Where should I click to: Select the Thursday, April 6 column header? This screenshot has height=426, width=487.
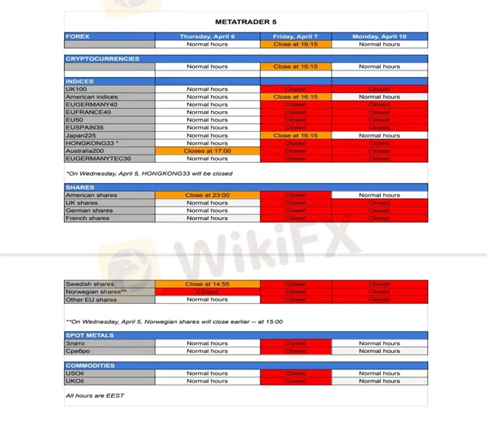[207, 36]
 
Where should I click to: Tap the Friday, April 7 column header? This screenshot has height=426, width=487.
[295, 36]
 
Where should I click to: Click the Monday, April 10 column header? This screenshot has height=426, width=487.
[379, 36]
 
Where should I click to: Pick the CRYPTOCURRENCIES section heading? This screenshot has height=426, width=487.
[102, 59]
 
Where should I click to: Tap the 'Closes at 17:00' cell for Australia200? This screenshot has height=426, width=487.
[207, 151]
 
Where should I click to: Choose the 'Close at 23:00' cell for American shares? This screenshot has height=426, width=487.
[207, 195]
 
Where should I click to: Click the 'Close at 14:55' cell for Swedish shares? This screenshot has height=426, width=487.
[207, 284]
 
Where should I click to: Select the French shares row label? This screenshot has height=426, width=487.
[88, 218]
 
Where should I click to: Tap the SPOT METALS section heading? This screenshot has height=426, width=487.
[90, 335]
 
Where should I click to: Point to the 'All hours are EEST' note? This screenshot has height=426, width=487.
[95, 395]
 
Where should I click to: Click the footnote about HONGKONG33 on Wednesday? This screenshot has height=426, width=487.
[148, 173]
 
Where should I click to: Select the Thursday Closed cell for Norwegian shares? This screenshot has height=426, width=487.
[207, 292]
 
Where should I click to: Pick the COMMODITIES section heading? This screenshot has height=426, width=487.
[91, 365]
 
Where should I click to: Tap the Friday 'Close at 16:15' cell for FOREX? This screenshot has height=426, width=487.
[295, 45]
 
